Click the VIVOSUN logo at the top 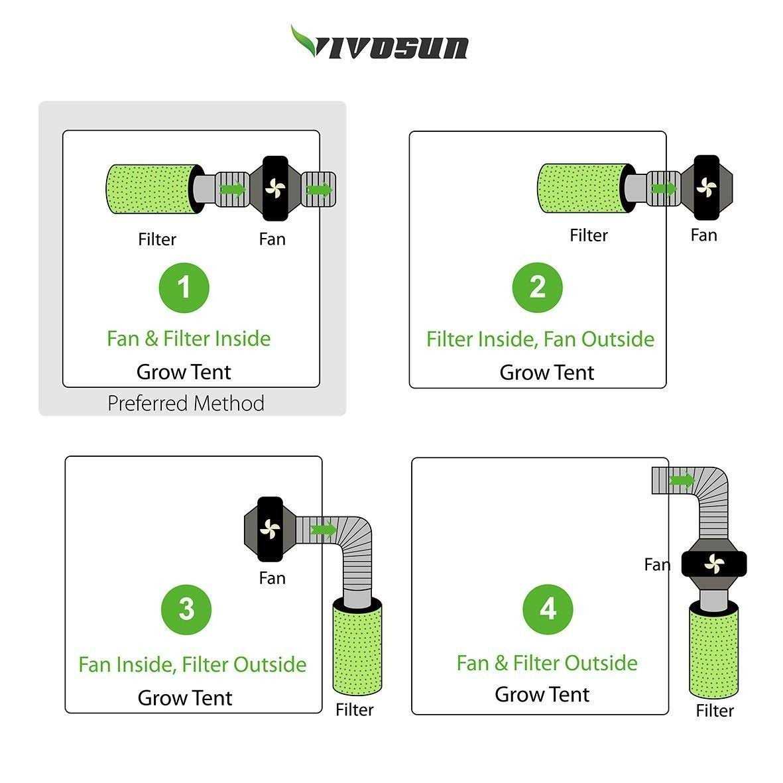tap(379, 43)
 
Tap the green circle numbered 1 tap(184, 288)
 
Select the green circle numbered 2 tap(537, 287)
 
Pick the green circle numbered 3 tap(186, 609)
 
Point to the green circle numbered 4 tap(548, 609)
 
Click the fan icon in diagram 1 tap(275, 188)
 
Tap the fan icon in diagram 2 tap(707, 188)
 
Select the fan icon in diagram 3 tap(270, 529)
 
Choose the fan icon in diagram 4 tap(714, 564)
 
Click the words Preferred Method tap(186, 404)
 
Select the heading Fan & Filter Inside tap(189, 339)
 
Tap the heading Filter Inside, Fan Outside tap(540, 339)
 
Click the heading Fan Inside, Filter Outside tap(192, 664)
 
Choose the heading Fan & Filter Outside tap(547, 663)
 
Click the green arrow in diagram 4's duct tap(682, 481)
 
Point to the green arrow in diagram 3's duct tap(324, 529)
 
